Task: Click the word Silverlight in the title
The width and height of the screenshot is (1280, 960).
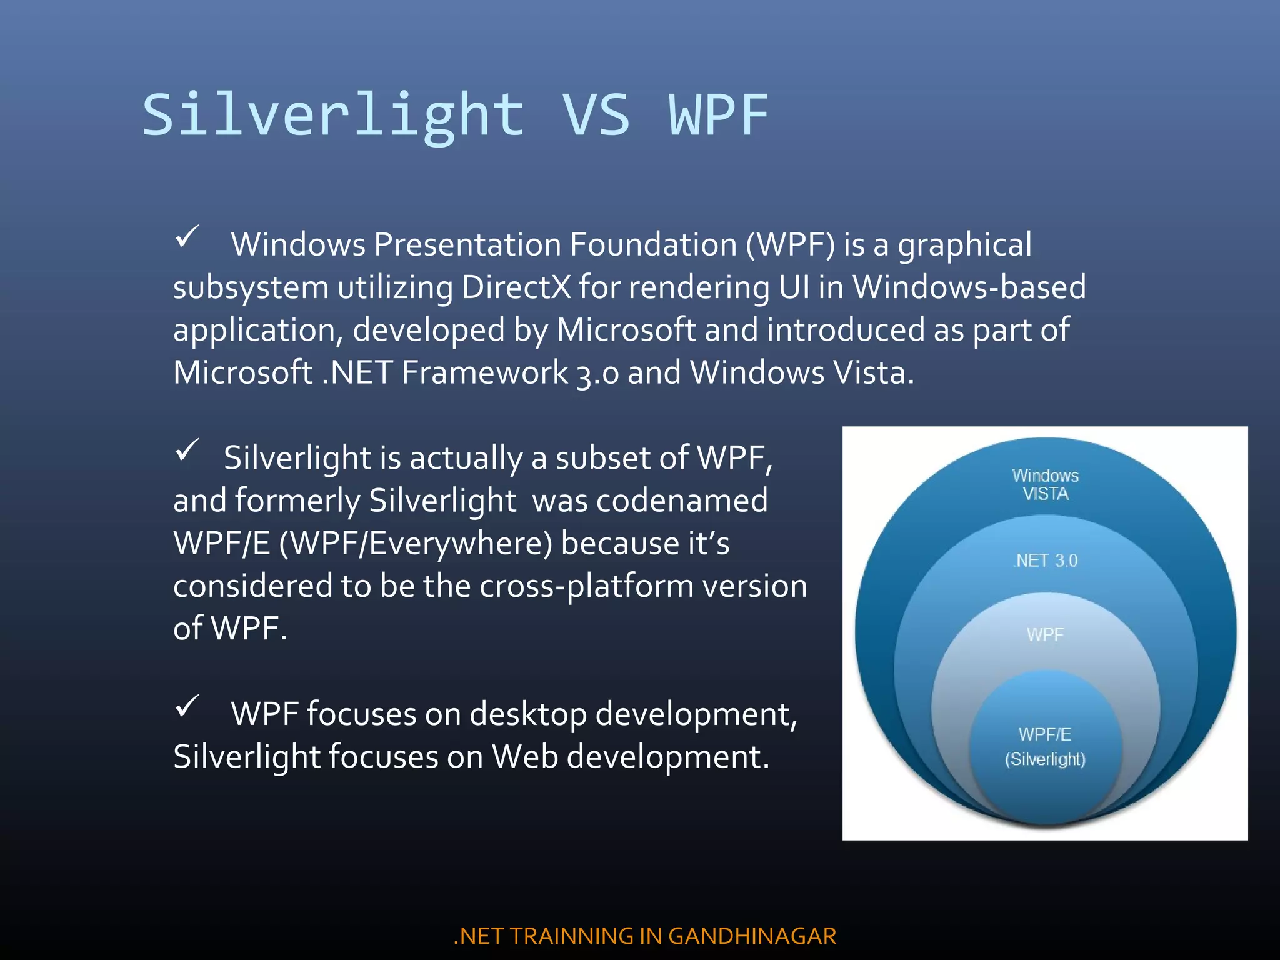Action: click(333, 116)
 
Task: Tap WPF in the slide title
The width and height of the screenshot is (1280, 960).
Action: click(719, 116)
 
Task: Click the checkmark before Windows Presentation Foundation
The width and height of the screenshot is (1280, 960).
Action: click(186, 237)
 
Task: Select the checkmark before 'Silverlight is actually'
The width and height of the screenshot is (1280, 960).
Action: click(186, 450)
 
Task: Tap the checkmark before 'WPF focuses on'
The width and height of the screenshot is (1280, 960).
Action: click(186, 706)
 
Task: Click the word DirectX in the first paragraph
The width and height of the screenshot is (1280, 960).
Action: click(516, 287)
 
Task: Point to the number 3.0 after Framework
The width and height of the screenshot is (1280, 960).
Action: click(597, 374)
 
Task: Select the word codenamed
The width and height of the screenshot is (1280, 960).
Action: click(682, 501)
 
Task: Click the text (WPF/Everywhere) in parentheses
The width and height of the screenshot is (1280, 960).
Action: click(416, 543)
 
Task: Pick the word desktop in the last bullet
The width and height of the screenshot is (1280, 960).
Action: click(528, 714)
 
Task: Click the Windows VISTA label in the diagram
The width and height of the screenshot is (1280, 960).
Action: click(1045, 485)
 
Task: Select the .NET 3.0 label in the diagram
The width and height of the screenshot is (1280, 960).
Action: click(1045, 561)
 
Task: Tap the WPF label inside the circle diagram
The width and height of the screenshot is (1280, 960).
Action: click(1045, 635)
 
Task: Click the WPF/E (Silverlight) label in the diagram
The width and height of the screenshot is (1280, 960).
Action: click(1045, 747)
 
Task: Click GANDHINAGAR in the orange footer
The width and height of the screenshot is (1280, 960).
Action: click(752, 936)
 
